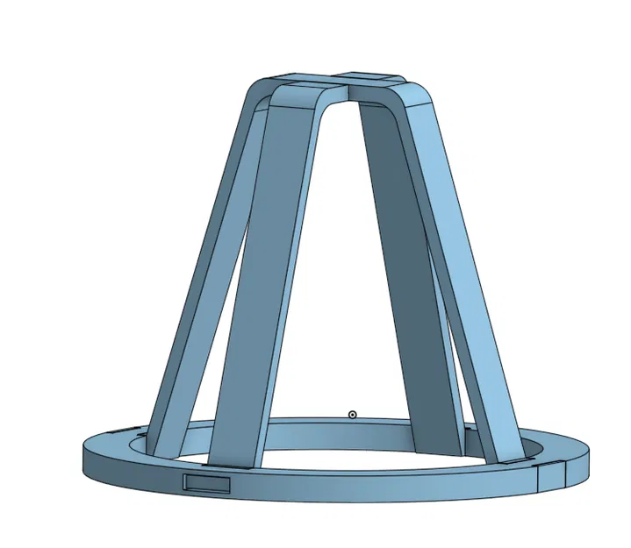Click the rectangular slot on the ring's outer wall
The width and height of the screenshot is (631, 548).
(206, 484)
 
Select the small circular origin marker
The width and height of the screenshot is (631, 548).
(353, 414)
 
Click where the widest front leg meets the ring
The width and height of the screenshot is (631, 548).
(233, 460)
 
